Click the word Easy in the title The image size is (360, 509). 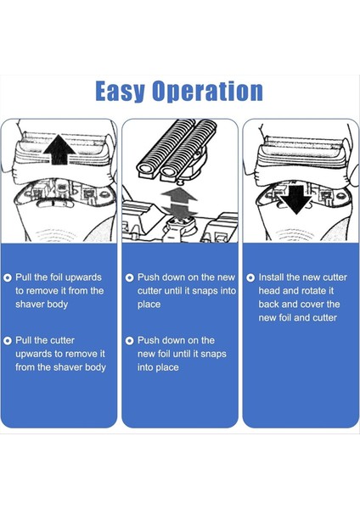pyautogui.click(x=120, y=92)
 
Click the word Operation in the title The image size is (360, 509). pyautogui.click(x=207, y=92)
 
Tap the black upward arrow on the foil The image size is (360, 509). pyautogui.click(x=59, y=150)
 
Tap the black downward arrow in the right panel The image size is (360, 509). pyautogui.click(x=295, y=199)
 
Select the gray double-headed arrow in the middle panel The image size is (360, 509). pyautogui.click(x=179, y=201)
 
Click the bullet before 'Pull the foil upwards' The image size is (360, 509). pyautogui.click(x=8, y=278)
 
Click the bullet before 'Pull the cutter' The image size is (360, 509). pyautogui.click(x=8, y=341)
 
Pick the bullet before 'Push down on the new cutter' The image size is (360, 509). pyautogui.click(x=129, y=278)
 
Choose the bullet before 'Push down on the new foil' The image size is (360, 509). pyautogui.click(x=129, y=341)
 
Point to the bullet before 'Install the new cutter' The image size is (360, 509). pyautogui.click(x=250, y=278)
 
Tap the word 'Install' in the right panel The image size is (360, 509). pyautogui.click(x=271, y=277)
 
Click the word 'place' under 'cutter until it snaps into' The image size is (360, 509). pyautogui.click(x=149, y=305)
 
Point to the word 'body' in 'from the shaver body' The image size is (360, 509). pyautogui.click(x=96, y=367)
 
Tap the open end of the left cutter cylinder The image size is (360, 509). pyautogui.click(x=146, y=168)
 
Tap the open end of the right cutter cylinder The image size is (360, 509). pyautogui.click(x=168, y=170)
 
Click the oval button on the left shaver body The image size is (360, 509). pyautogui.click(x=54, y=204)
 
